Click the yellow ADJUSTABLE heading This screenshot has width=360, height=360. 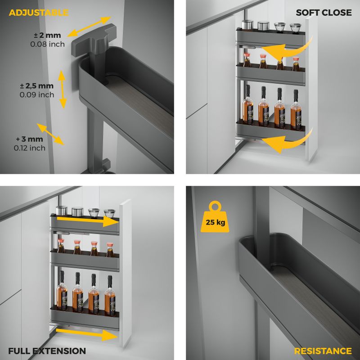coord(39,13)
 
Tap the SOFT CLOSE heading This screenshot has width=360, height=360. coord(324,13)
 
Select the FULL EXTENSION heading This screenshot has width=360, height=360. coord(47,351)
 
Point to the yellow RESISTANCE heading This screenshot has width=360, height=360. coord(323,351)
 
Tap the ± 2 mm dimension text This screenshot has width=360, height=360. coord(48,36)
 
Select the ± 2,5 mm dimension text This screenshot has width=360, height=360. coord(37,86)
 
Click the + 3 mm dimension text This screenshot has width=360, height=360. coord(29,139)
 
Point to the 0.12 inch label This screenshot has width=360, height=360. coord(29,148)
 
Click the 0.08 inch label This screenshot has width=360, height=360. coord(48,44)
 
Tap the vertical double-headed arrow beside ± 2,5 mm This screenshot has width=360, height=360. coord(62,89)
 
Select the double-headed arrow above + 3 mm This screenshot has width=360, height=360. coord(50,134)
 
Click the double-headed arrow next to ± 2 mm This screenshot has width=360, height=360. coord(89,27)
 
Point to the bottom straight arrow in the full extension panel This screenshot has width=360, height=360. coord(87,334)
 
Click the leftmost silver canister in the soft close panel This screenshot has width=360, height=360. coord(247,25)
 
